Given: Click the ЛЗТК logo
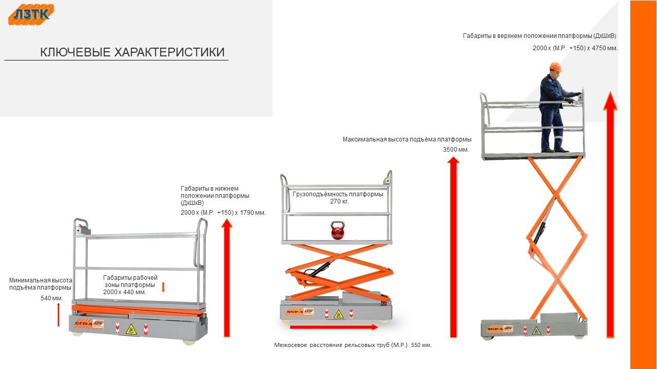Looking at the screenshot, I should point(31,14).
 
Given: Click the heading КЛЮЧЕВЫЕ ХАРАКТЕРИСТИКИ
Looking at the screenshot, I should point(132,52).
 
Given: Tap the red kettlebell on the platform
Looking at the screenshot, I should point(337,231).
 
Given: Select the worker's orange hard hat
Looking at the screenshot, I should point(555,67).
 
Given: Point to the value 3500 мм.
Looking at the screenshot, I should point(456,150).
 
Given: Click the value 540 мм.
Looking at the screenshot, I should point(51,298).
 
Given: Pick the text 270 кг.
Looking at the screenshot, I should point(339,201).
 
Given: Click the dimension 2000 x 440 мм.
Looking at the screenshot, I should point(125,292).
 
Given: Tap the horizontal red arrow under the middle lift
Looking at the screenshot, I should point(334,327).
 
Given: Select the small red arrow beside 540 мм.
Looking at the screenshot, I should point(59,314).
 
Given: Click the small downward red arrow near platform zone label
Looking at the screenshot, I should point(163,287).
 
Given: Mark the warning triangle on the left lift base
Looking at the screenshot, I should point(131,329).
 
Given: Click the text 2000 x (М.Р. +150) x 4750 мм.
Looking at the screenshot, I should point(575,48).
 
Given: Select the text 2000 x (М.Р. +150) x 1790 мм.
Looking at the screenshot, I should point(223,212).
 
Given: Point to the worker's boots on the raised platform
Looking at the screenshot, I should point(555,150).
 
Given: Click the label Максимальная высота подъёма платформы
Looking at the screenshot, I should point(407,139).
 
